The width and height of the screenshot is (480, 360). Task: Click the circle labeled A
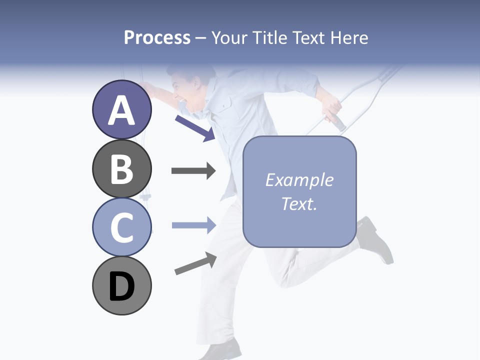pos(122,110)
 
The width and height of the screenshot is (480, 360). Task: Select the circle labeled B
pos(122,169)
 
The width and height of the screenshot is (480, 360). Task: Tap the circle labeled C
pos(122,227)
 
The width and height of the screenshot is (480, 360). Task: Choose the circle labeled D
pos(122,285)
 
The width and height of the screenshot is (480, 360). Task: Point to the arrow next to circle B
pos(193,171)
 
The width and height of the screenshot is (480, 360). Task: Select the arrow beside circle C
pos(193,225)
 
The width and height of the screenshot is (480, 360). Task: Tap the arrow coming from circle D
pos(195,263)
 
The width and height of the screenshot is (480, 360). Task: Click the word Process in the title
pos(157,37)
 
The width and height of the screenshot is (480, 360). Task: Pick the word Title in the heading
pos(269,37)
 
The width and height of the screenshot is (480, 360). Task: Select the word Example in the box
pos(299,180)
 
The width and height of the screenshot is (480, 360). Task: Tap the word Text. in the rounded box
pos(299,203)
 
